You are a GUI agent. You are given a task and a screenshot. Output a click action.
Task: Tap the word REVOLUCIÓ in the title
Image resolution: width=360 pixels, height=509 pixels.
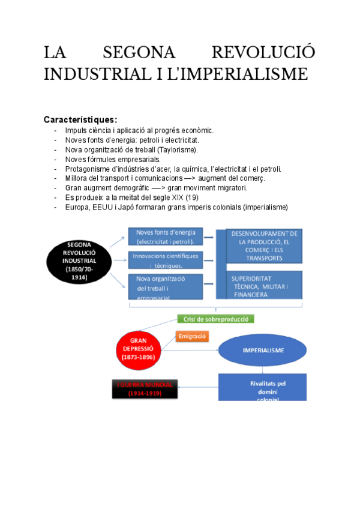(264, 52)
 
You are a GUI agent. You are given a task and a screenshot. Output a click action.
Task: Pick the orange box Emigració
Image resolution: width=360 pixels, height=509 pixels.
(192, 337)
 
